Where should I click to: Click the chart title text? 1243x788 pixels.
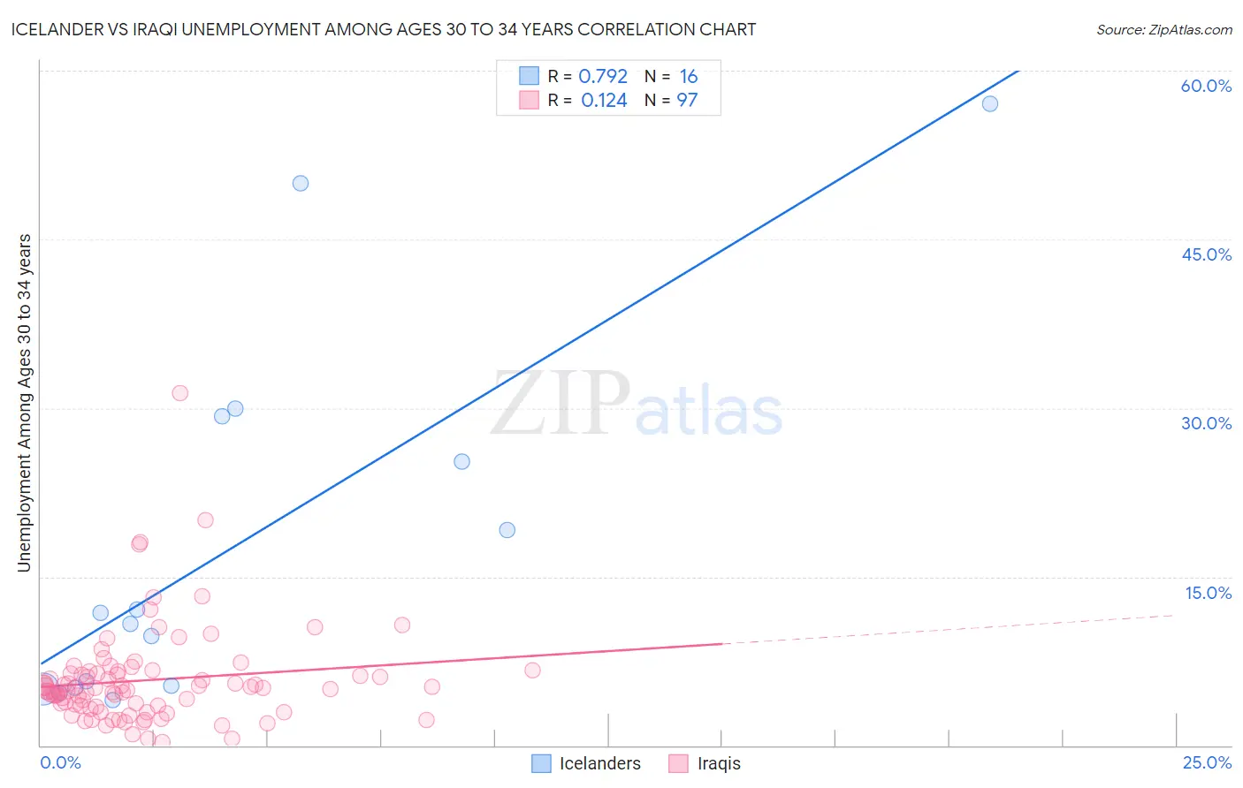(383, 29)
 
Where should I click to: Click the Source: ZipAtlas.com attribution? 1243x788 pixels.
(1163, 29)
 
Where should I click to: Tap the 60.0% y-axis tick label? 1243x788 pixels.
(1206, 86)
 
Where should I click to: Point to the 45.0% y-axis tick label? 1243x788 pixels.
(1206, 254)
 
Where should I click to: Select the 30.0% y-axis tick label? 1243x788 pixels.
(1206, 423)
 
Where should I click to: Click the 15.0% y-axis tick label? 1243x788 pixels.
(1208, 593)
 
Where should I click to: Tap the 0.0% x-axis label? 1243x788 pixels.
(61, 762)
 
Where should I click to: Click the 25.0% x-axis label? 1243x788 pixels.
(1207, 762)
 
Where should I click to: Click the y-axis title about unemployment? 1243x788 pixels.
(25, 403)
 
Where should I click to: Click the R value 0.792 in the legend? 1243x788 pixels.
(603, 77)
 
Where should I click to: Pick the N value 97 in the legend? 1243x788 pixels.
(687, 101)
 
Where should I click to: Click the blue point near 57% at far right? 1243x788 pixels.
(990, 103)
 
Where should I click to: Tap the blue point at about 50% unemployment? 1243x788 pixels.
(301, 183)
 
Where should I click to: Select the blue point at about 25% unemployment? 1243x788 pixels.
(461, 461)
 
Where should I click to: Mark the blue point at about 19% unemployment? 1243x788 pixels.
(507, 530)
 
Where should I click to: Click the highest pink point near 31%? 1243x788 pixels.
(180, 393)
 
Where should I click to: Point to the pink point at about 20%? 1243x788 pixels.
(205, 520)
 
